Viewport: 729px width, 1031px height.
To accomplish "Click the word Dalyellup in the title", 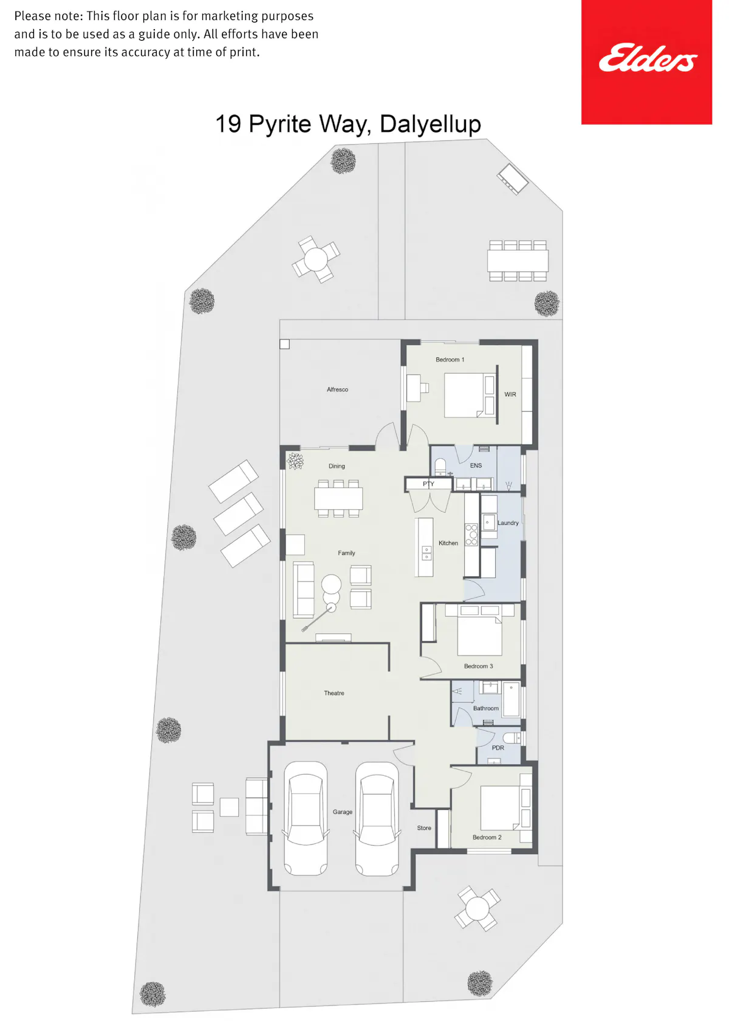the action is tap(430, 124).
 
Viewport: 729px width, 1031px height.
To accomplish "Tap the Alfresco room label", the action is tap(337, 389).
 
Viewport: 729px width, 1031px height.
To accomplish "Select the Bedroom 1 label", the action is tap(450, 360).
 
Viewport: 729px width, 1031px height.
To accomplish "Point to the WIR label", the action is tap(510, 394).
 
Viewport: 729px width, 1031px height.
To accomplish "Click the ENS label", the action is tap(476, 465).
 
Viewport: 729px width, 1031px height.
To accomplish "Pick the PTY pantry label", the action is tap(428, 484).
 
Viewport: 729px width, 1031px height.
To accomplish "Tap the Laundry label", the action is tap(508, 523).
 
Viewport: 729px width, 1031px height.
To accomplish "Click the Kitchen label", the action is tap(448, 543).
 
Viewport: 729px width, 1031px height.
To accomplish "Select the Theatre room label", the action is tap(334, 693).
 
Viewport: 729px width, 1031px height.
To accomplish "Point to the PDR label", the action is tap(498, 748).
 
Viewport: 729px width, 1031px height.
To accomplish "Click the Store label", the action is tap(424, 828).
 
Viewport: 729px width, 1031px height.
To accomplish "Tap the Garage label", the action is tap(343, 812).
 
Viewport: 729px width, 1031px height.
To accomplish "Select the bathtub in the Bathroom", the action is tap(511, 700).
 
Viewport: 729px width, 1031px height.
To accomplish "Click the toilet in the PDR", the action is tap(512, 738).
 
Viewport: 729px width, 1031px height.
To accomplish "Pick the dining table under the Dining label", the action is tap(338, 498).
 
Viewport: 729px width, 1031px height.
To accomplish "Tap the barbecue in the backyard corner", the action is tap(513, 179).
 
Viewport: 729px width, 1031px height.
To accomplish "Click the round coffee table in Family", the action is tap(331, 584).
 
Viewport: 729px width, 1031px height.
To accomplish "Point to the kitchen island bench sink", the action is tap(427, 553).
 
